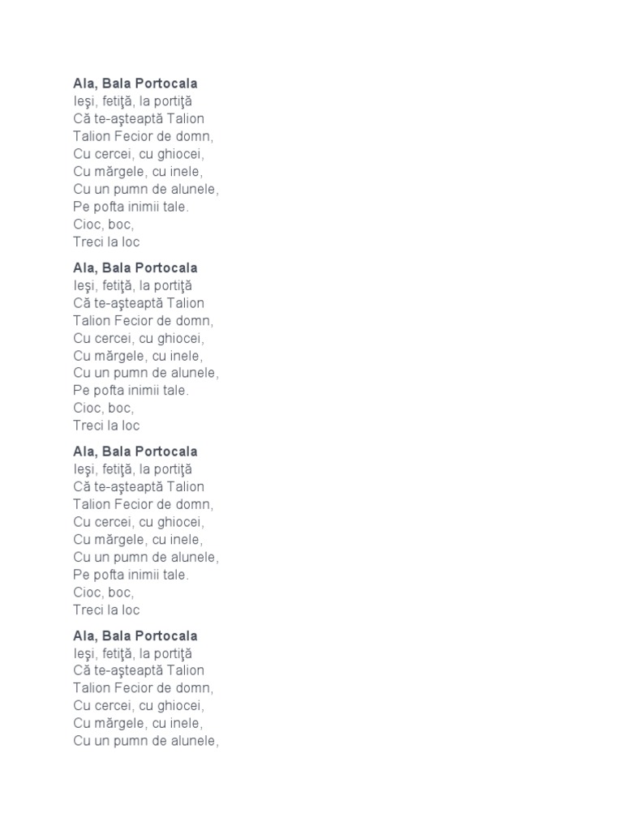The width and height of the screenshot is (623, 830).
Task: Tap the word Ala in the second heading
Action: [84, 267]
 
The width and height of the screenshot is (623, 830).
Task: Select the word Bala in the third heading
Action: [116, 451]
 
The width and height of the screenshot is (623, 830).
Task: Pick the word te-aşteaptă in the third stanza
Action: [128, 486]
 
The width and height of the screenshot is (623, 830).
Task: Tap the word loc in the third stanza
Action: [131, 610]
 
